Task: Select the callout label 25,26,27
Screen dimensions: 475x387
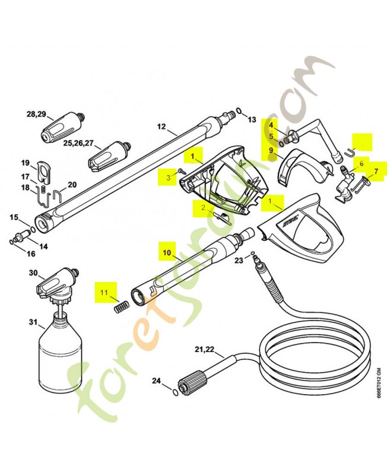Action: (x=78, y=143)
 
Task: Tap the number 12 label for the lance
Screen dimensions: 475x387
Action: (x=161, y=126)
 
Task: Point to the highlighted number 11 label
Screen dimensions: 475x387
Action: (x=104, y=292)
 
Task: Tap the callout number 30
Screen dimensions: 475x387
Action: (x=33, y=273)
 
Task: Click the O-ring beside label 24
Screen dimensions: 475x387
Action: (x=172, y=392)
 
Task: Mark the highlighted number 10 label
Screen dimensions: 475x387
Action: (x=166, y=252)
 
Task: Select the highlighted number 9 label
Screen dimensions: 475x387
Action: (x=271, y=151)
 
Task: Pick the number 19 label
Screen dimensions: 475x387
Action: (x=26, y=163)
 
